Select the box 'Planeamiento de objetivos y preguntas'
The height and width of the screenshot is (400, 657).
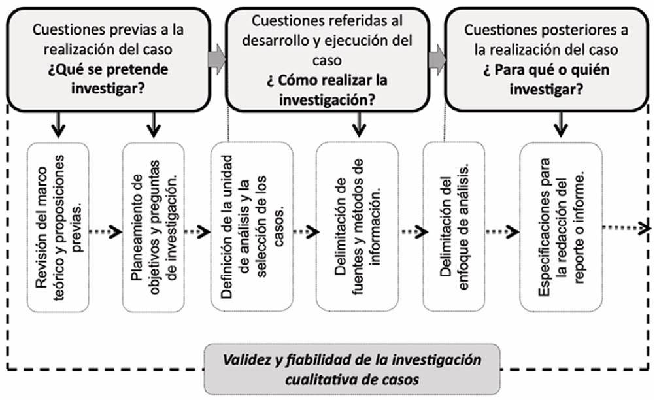pyautogui.click(x=154, y=226)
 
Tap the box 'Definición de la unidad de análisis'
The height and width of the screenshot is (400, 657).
pyautogui.click(x=244, y=226)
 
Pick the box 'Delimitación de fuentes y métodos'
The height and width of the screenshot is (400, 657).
pyautogui.click(x=357, y=226)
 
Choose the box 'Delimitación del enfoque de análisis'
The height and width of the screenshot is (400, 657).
pyautogui.click(x=454, y=226)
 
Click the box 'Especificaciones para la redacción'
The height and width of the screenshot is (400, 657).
pyautogui.click(x=561, y=226)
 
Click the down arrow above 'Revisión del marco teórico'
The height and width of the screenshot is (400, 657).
pyautogui.click(x=59, y=124)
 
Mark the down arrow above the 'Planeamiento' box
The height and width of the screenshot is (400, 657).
pyautogui.click(x=154, y=124)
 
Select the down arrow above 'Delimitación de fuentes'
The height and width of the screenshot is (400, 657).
pyautogui.click(x=357, y=124)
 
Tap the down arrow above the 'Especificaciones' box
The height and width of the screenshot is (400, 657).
pyautogui.click(x=560, y=124)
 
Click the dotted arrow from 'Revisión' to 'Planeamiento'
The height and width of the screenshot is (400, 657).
pyautogui.click(x=105, y=231)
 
